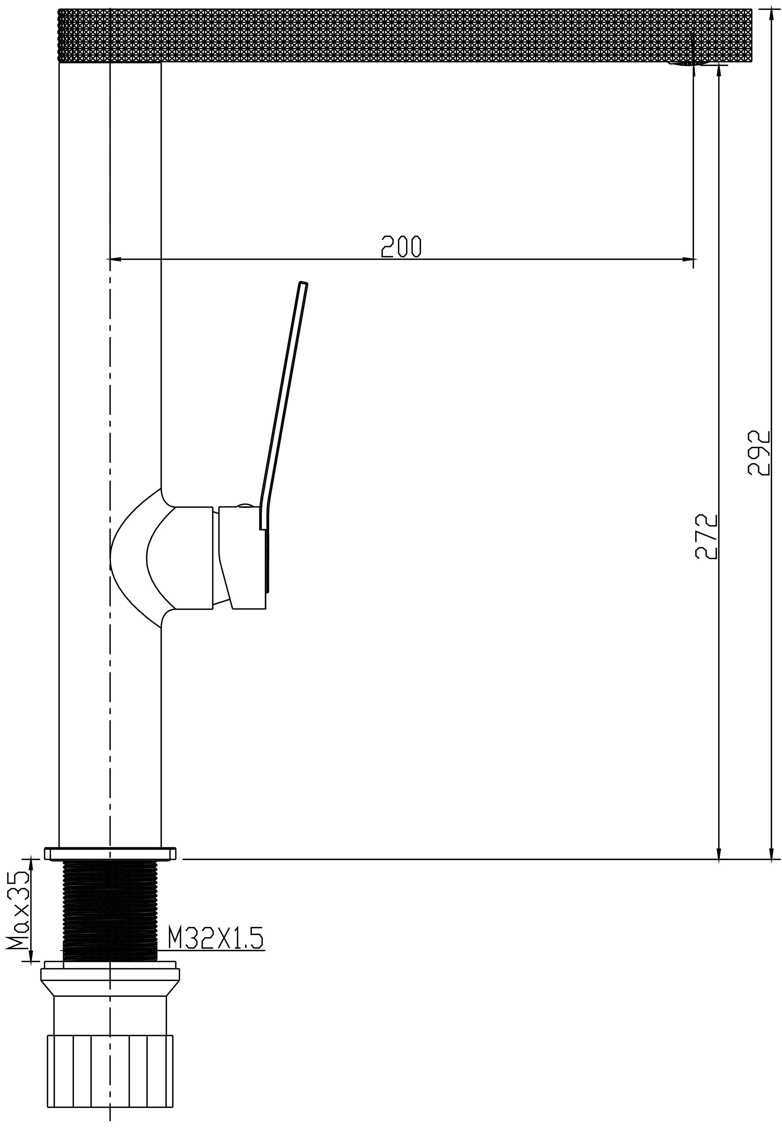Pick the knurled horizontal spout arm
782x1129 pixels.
405,36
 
